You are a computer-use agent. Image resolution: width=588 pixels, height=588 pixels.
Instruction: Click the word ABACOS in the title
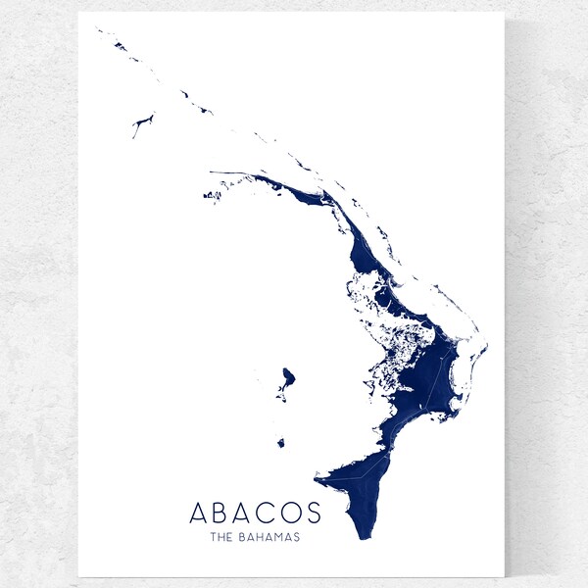pyautogui.click(x=255, y=513)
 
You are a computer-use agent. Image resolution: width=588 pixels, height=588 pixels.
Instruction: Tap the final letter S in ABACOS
pyautogui.click(x=314, y=513)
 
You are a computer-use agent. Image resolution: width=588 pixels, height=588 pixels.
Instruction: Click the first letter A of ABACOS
pyautogui.click(x=197, y=513)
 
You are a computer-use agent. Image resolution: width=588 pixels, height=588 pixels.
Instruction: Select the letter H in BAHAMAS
pyautogui.click(x=264, y=537)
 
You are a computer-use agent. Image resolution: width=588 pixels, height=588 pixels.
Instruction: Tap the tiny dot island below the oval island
pyautogui.click(x=280, y=443)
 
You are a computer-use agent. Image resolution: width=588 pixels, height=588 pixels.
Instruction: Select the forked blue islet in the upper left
pyautogui.click(x=143, y=122)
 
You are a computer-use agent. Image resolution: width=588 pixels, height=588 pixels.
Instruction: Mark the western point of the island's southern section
pyautogui.click(x=317, y=479)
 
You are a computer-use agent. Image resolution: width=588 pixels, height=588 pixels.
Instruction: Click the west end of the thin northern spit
pyautogui.click(x=211, y=172)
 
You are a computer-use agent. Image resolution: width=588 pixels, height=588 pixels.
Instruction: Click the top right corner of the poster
pyautogui.click(x=504, y=14)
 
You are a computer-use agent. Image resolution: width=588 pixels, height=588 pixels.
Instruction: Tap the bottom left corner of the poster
pyautogui.click(x=79, y=574)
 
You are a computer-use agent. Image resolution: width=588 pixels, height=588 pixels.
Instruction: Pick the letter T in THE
pyautogui.click(x=212, y=537)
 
